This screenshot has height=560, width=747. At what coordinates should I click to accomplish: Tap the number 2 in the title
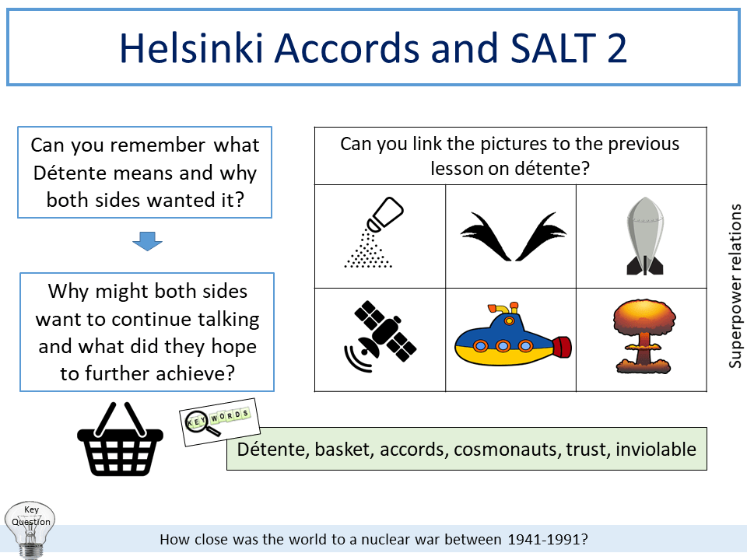click(612, 48)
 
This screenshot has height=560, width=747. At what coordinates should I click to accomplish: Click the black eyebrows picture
click(512, 236)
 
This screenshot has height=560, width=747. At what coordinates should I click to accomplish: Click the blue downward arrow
click(147, 243)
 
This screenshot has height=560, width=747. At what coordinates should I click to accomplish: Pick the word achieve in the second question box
click(195, 373)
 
